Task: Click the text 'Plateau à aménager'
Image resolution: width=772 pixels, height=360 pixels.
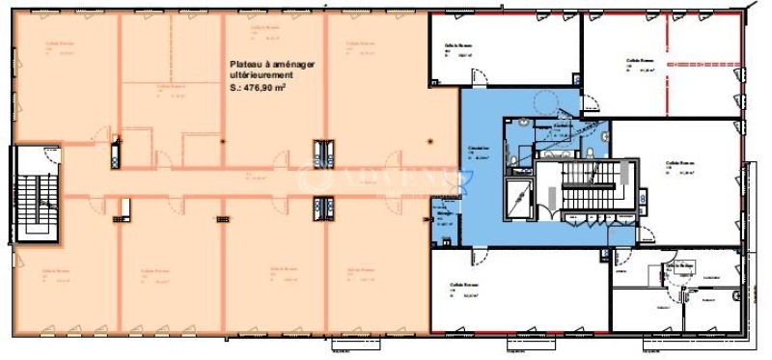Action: coord(272,65)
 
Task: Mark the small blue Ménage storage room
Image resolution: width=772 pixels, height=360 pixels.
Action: coord(443,219)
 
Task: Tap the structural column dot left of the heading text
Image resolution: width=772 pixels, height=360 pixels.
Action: coord(222,141)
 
